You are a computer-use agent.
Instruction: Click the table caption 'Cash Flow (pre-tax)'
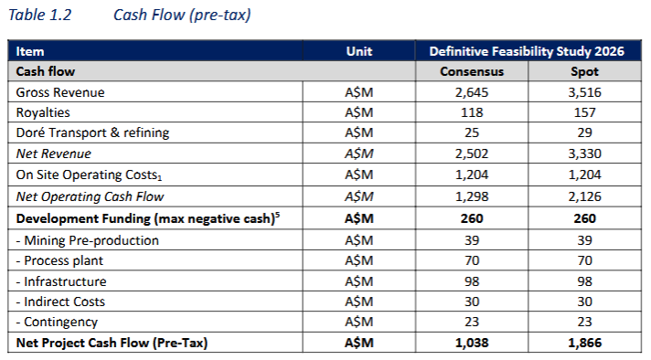coord(182,15)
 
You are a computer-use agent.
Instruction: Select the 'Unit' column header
coord(359,51)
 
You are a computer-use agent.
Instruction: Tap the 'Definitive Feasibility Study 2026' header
coord(527,51)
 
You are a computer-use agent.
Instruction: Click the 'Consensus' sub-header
coord(472,71)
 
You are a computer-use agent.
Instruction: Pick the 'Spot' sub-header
coord(584,72)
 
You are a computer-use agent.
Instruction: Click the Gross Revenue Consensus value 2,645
coord(472,92)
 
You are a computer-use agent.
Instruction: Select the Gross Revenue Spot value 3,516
coord(584,92)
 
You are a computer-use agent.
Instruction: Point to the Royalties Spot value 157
coord(584,112)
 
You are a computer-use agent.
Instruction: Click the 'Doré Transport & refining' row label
coord(92,132)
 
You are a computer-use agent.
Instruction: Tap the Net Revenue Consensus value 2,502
coord(472,154)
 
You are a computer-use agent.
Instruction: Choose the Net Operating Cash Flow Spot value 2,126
coord(584,196)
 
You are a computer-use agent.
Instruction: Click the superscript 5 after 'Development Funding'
coord(277,215)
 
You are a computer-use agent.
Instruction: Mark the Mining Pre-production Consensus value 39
coord(472,240)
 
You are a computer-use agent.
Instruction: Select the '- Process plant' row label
coord(59,260)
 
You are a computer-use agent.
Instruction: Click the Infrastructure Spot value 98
coord(584,281)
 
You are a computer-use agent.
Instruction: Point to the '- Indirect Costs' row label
coord(60,302)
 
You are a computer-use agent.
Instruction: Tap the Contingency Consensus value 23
coord(472,322)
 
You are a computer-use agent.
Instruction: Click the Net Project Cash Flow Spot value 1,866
coord(584,343)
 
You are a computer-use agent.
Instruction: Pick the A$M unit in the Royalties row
coord(359,112)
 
